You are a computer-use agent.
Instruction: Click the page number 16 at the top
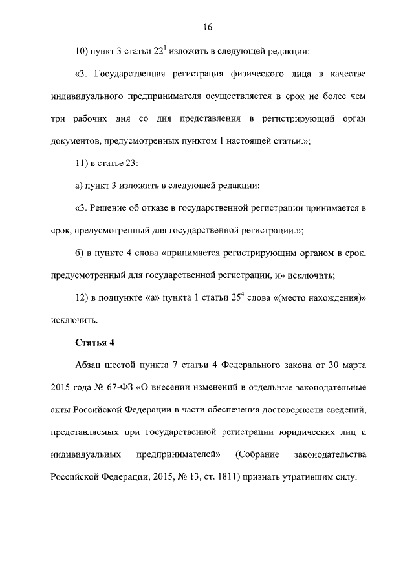(207, 27)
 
